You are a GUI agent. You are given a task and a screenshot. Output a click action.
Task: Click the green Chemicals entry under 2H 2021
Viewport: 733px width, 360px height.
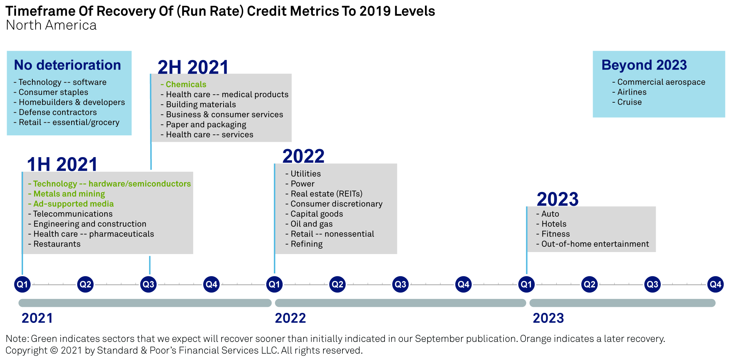pyautogui.click(x=183, y=84)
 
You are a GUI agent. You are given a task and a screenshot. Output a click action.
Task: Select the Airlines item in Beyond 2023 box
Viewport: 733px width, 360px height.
pyautogui.click(x=629, y=92)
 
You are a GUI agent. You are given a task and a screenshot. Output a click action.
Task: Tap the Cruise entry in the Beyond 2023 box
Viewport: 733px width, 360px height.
pyautogui.click(x=627, y=102)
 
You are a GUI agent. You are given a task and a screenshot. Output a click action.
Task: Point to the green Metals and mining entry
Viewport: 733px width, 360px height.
pyautogui.click(x=66, y=194)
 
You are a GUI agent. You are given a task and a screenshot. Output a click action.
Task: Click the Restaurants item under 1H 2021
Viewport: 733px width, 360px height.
pyautogui.click(x=54, y=244)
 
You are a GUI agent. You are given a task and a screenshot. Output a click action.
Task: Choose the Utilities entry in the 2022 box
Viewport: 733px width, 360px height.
pyautogui.click(x=303, y=174)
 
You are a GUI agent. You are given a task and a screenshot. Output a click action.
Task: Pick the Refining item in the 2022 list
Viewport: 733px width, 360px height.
pyautogui.click(x=304, y=244)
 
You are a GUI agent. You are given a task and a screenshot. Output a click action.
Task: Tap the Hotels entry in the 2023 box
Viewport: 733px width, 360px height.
pyautogui.click(x=551, y=224)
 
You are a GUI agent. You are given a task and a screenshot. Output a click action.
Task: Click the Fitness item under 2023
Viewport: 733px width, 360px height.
pyautogui.click(x=553, y=234)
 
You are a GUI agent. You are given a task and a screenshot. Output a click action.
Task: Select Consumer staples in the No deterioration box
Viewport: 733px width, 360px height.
pyautogui.click(x=51, y=92)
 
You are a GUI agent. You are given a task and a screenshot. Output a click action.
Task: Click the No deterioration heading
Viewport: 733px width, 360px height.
pyautogui.click(x=67, y=65)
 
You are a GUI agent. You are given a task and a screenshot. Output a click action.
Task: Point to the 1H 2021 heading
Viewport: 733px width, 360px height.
pyautogui.click(x=62, y=164)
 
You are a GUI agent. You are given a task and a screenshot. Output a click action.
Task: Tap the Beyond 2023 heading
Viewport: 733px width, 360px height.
pyautogui.click(x=644, y=65)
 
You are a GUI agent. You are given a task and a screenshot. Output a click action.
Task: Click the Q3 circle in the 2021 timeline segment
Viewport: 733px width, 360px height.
pyautogui.click(x=148, y=284)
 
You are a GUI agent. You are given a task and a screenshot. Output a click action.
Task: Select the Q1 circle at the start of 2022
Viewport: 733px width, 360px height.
pyautogui.click(x=274, y=284)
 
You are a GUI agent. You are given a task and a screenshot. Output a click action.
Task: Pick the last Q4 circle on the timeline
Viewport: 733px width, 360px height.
pyautogui.click(x=715, y=284)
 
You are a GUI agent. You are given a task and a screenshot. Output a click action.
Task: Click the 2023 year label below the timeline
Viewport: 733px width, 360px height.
pyautogui.click(x=548, y=318)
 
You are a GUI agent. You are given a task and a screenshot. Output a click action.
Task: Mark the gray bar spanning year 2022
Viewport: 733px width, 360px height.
pyautogui.click(x=400, y=303)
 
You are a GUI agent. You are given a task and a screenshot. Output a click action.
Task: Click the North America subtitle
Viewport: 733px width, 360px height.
pyautogui.click(x=51, y=25)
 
